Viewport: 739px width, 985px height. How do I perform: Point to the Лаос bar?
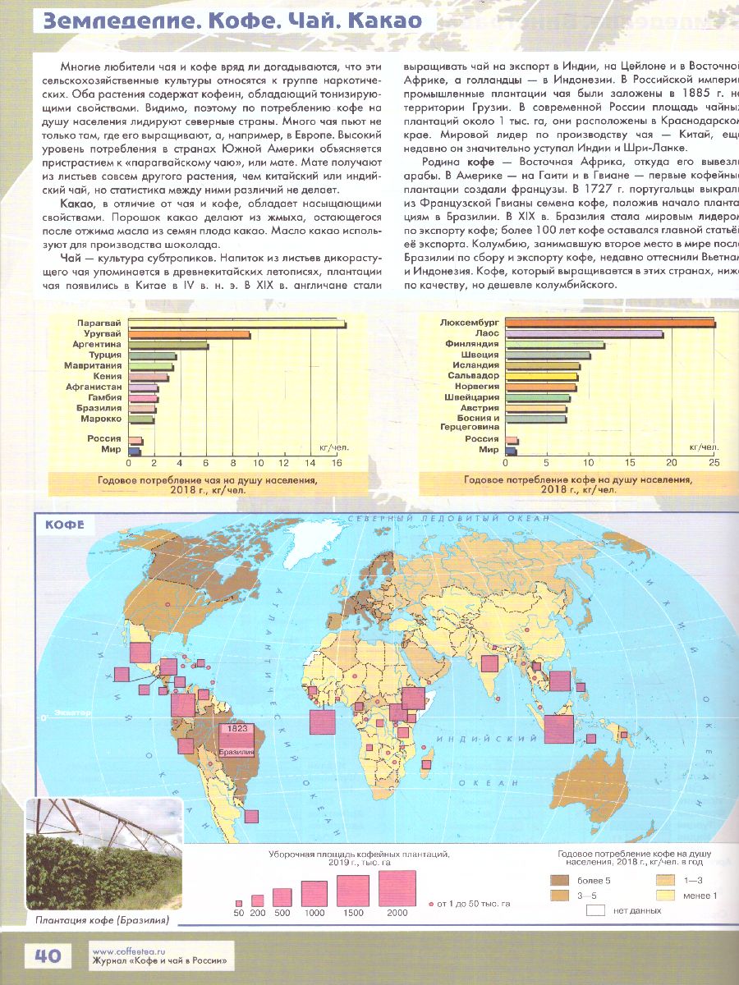(x=584, y=334)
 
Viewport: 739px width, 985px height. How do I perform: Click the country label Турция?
(x=105, y=355)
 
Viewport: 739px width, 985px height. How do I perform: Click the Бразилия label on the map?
(x=237, y=752)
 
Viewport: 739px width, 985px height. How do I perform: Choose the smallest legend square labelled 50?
(x=239, y=902)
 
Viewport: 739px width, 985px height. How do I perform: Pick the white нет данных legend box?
(x=597, y=910)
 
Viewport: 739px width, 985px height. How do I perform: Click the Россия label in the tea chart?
(x=105, y=439)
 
